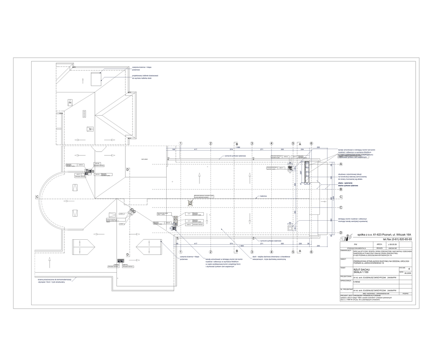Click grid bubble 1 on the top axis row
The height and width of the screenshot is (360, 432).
tap(180, 143)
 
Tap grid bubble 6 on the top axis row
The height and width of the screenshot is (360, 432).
tap(311, 143)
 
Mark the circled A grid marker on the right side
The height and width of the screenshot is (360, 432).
tap(340, 164)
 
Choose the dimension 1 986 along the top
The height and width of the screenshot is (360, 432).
tap(238, 147)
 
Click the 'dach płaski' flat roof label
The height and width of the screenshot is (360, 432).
tap(145, 159)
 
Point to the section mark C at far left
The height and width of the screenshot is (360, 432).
tap(37, 197)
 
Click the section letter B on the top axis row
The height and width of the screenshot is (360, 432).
tap(237, 143)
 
